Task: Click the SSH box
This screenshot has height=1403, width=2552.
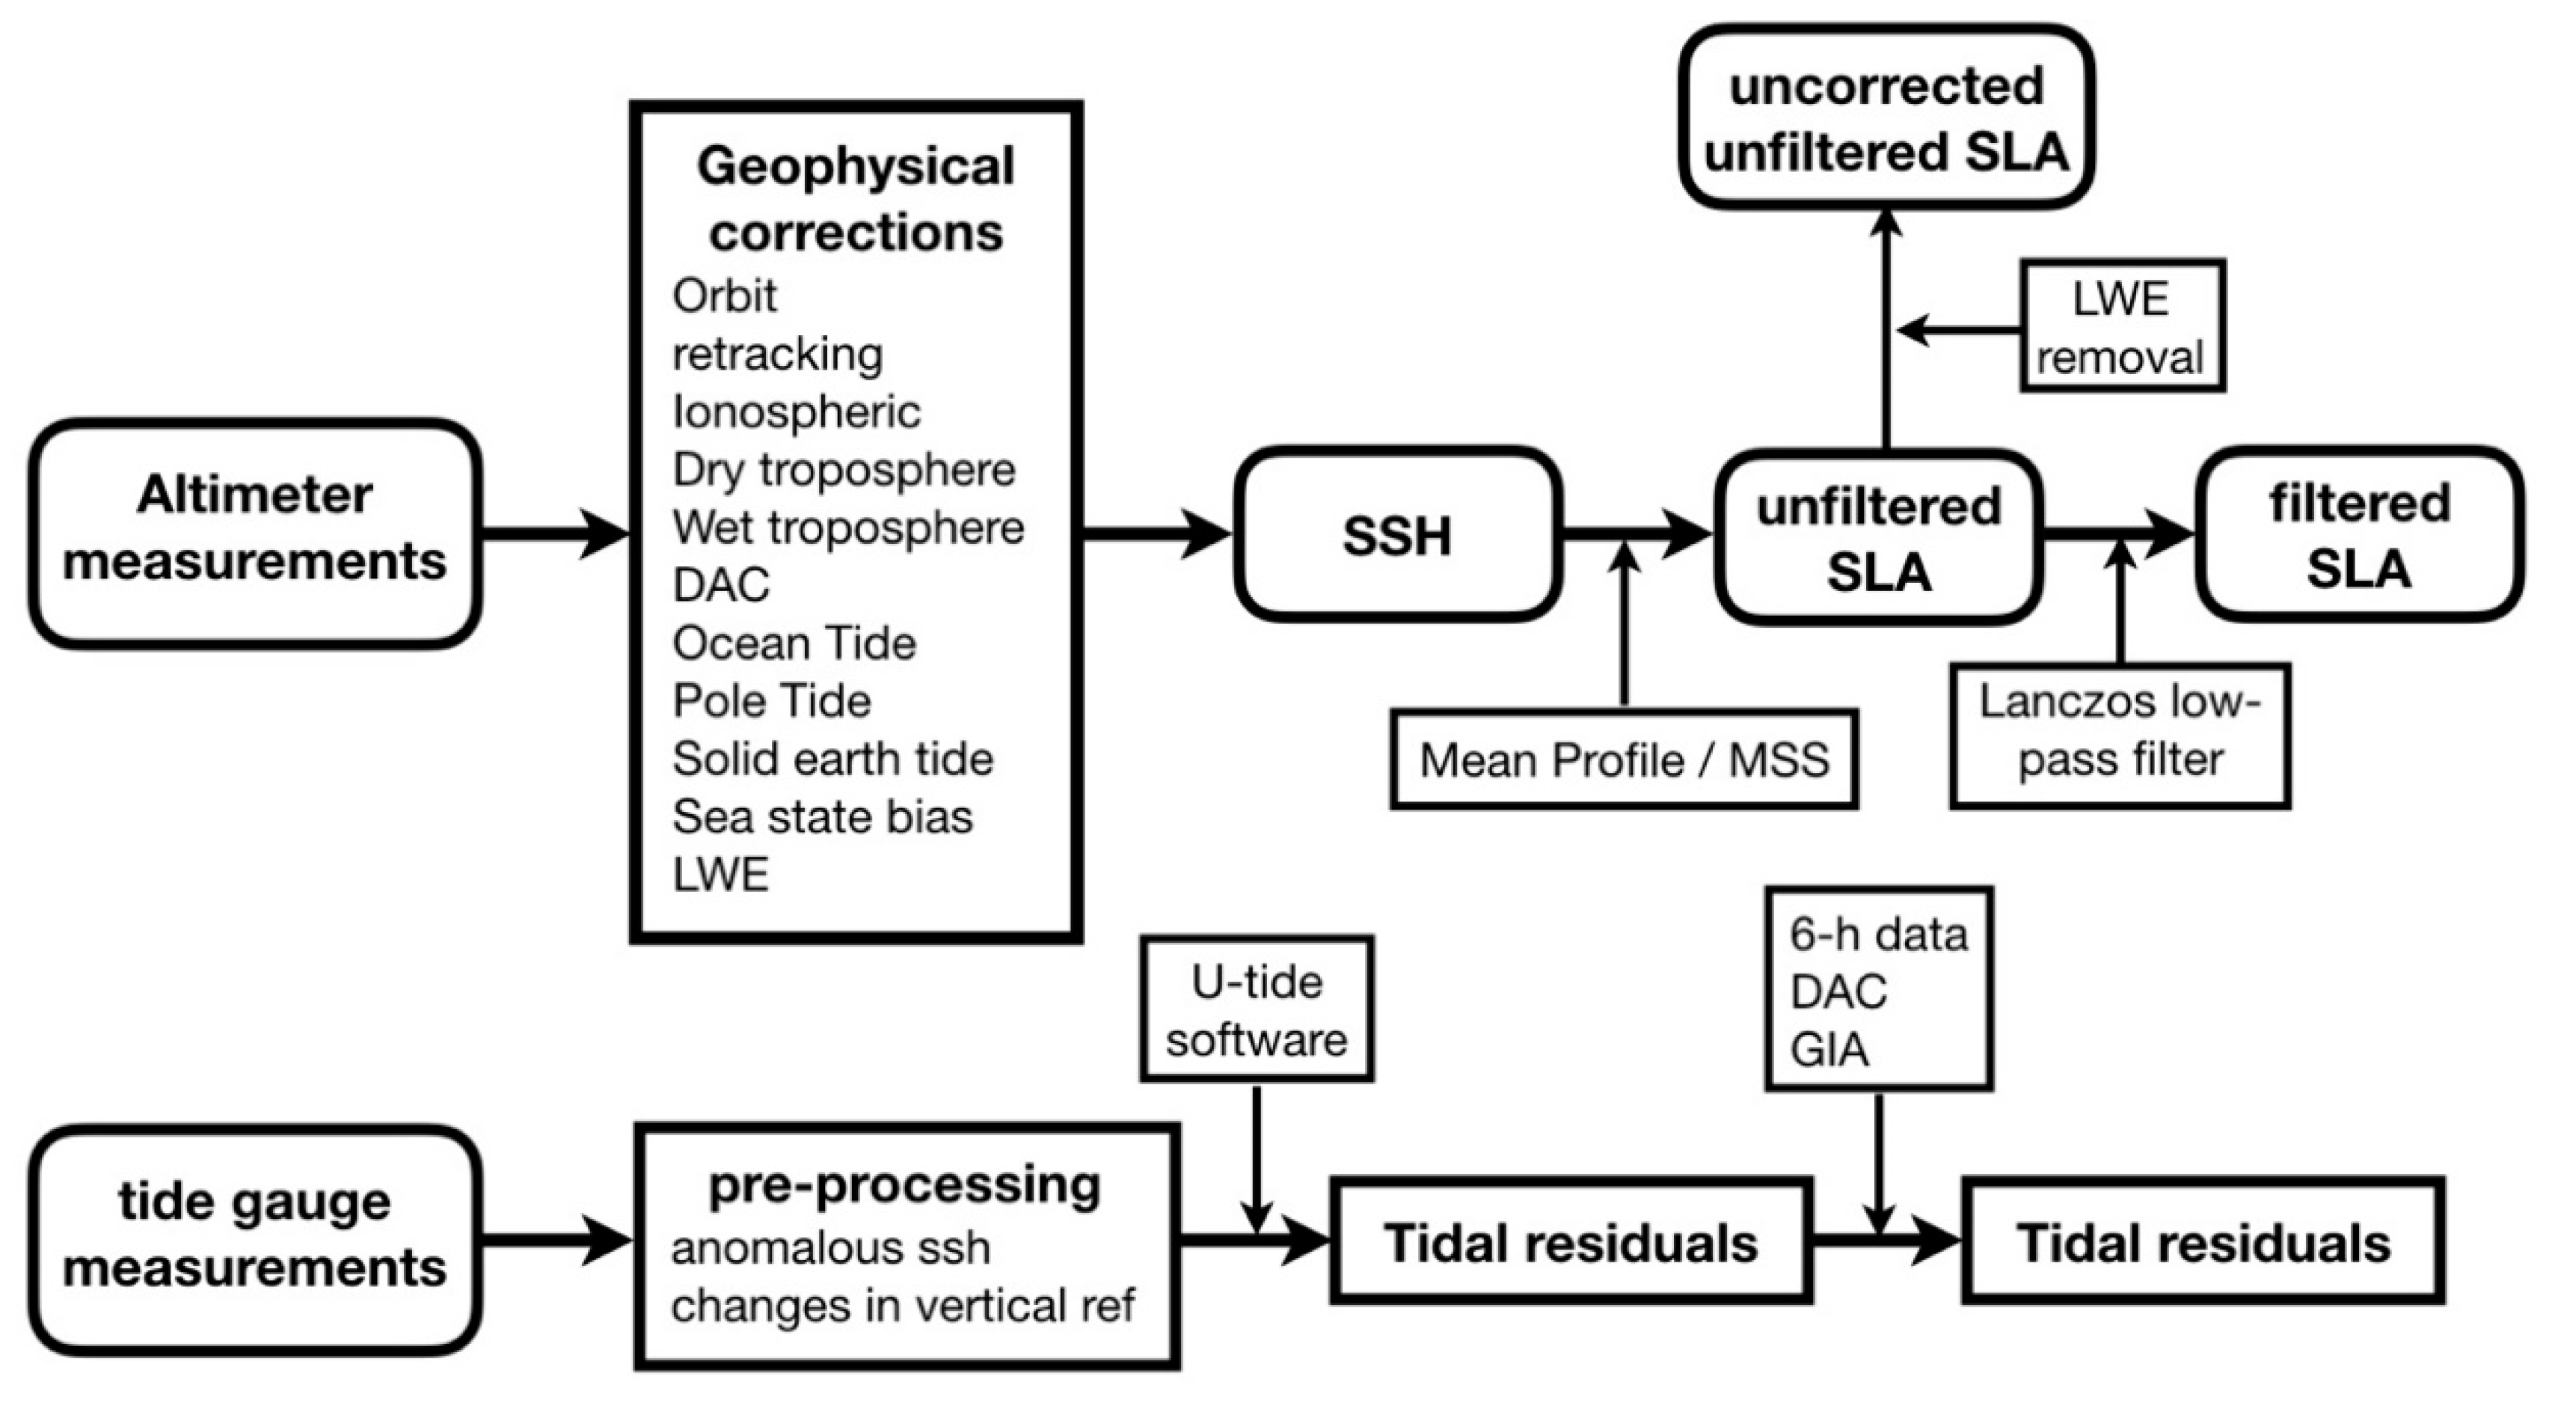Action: pos(1397,535)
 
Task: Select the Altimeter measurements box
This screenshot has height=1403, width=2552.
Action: pos(254,533)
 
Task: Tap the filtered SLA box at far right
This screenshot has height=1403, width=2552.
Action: pos(2359,535)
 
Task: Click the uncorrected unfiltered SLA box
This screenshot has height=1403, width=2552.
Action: pos(1886,118)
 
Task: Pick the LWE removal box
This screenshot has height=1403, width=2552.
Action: pos(2122,327)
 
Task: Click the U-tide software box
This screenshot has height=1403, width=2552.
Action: pos(1257,1009)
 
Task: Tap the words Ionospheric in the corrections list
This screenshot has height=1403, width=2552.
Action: pos(797,412)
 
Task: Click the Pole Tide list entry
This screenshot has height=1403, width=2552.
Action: pos(772,700)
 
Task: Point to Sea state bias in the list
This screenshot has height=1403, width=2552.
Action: pos(822,816)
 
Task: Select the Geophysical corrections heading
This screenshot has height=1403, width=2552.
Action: pos(856,198)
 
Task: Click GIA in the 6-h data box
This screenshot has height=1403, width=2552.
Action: pos(1829,1049)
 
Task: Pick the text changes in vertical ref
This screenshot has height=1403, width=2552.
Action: pos(901,1305)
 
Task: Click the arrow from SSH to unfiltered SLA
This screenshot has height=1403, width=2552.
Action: pos(1634,535)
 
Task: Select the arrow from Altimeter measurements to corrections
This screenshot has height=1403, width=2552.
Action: pos(555,535)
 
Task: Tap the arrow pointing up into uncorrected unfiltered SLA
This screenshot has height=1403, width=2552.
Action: pos(1886,327)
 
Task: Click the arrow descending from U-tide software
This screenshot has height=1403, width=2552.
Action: pos(1257,1159)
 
